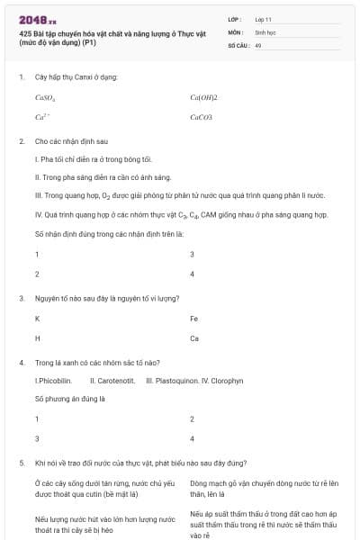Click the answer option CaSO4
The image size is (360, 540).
click(x=45, y=97)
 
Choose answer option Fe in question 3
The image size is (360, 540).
click(x=194, y=319)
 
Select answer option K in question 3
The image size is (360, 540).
click(x=37, y=319)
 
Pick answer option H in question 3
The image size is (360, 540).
click(x=37, y=338)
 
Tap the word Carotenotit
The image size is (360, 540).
click(x=112, y=381)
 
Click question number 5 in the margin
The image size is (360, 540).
click(x=21, y=463)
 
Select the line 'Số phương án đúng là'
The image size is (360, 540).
click(x=70, y=398)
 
